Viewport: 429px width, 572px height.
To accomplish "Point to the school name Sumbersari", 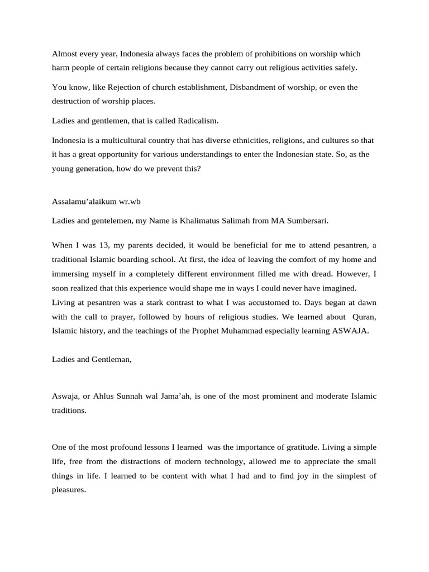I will (x=306, y=221).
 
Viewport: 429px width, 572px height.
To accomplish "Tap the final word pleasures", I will (x=68, y=490).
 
